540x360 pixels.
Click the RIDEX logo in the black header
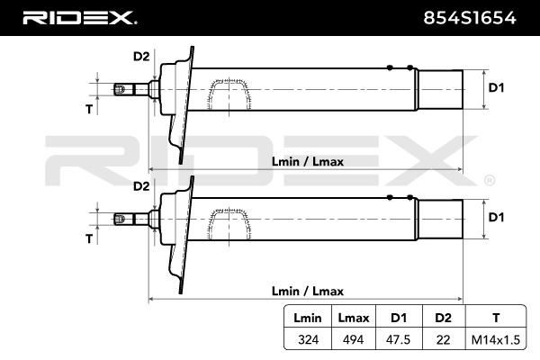coord(79,18)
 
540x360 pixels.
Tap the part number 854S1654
coord(470,18)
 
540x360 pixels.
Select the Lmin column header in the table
coord(308,318)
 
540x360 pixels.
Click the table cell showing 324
coord(308,339)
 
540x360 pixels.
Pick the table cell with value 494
coord(354,339)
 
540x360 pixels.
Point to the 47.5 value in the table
coord(399,339)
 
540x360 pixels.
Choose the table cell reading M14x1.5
coord(496,340)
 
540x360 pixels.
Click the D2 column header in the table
coord(443,318)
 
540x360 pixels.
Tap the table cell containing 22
coord(443,339)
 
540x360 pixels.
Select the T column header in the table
coord(496,318)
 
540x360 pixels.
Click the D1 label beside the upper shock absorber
coord(496,88)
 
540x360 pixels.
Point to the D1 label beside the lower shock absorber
coord(496,218)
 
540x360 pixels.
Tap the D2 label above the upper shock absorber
coord(141,56)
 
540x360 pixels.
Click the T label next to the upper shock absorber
coord(89,109)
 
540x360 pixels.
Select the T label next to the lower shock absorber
coord(89,238)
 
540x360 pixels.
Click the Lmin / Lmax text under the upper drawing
coord(308,162)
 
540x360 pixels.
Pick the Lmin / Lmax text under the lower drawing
coord(308,291)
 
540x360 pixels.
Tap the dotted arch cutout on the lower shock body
coord(229,223)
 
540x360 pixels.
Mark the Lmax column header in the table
coord(354,318)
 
